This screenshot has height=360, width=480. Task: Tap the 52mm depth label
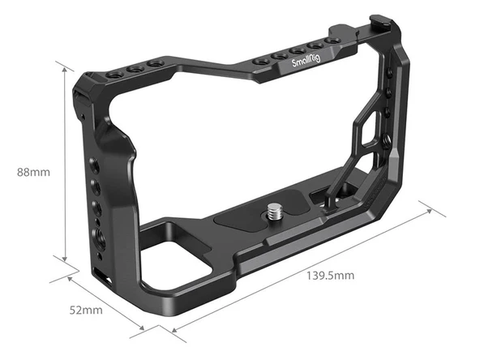pyautogui.click(x=86, y=310)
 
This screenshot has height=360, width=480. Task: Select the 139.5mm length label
pyautogui.click(x=331, y=275)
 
